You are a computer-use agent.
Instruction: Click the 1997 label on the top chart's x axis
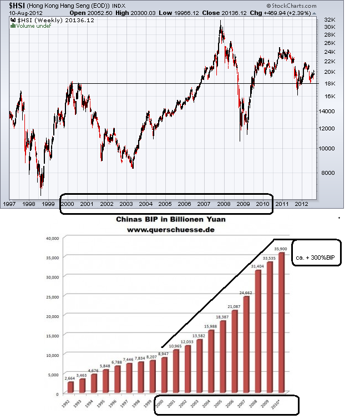9,204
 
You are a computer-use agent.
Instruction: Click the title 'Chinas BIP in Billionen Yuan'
170,219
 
